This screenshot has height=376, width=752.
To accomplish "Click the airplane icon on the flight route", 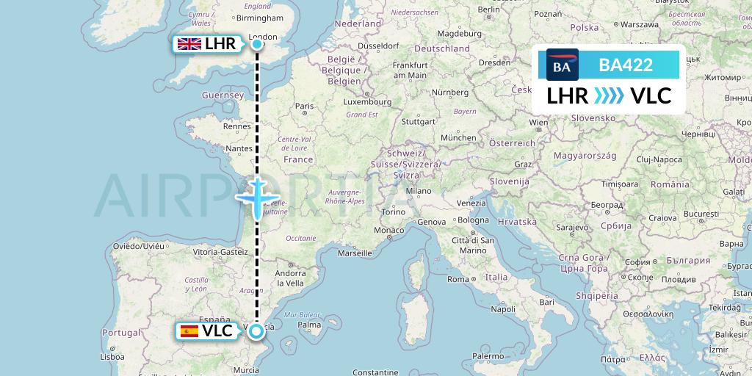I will pos(257,197).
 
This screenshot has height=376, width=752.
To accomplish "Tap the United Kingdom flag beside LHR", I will pos(189,44).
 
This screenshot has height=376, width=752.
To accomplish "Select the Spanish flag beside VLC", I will pos(189,331).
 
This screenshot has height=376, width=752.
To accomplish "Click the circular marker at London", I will pos(257,44).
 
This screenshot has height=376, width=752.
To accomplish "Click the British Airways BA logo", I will pos(562,65).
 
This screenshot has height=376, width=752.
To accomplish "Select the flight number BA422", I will pos(626,65).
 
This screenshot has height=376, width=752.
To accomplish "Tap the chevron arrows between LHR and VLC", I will pos(608,96).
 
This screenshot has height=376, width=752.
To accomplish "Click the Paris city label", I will pos(304,106).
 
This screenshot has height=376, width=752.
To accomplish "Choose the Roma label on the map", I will pos(458,279).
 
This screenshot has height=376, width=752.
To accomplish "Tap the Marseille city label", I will pos(354,253).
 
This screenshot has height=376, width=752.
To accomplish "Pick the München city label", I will pos(458,137).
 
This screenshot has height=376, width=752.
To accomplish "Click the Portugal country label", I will pos(121,332).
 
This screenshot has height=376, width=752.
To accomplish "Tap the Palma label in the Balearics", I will pos(310,324).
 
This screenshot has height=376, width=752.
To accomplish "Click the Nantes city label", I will pos(240,148).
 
